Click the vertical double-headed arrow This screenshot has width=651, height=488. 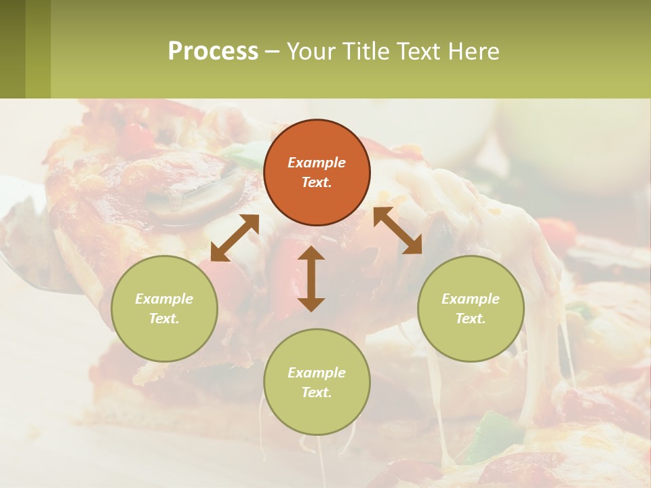[311, 279]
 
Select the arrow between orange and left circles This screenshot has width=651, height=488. [235, 238]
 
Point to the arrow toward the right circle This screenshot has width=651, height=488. [397, 230]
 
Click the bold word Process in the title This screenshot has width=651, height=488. [213, 51]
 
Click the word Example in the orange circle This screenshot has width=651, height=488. [317, 163]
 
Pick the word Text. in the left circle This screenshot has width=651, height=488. [164, 319]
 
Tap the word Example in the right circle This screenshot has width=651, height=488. [471, 299]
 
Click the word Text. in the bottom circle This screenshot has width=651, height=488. [317, 392]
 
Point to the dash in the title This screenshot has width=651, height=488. [272, 52]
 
